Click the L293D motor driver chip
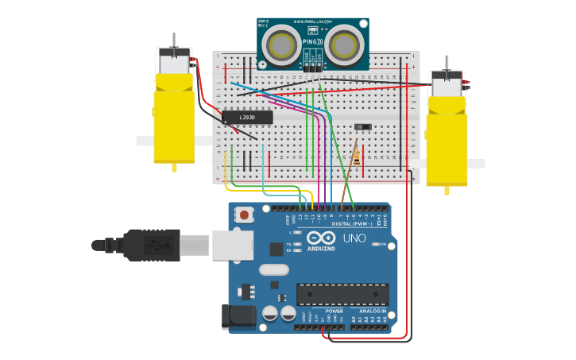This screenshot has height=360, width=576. pos(247,118)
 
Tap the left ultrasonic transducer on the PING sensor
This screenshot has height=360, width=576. pos(281,45)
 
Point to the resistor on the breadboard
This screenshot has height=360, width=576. pos(356,157)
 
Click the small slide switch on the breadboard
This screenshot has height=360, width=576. pos(364,126)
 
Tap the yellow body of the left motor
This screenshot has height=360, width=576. pos(174,119)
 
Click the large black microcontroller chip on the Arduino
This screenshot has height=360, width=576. pos(342,294)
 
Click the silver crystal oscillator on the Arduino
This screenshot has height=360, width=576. pos(273,269)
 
